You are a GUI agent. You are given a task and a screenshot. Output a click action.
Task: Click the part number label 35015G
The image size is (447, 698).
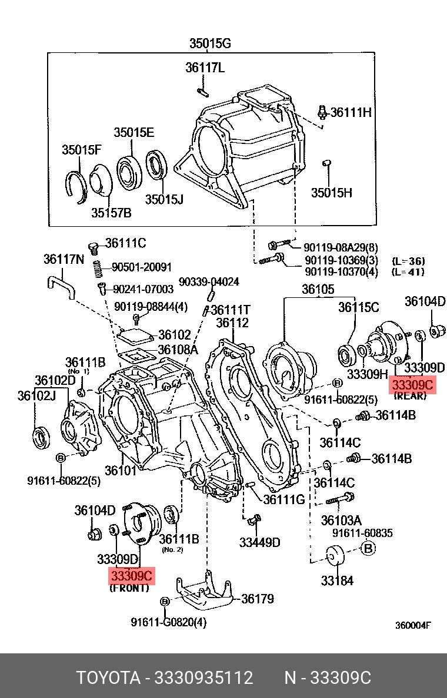(x=210, y=43)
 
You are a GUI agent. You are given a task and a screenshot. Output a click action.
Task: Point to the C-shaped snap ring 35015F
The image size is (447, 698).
(x=75, y=186)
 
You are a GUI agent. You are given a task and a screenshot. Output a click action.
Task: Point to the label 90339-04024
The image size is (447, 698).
(x=209, y=282)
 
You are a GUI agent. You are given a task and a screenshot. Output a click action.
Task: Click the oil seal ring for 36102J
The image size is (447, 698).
(x=41, y=438)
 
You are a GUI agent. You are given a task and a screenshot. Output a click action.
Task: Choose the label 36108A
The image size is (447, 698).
(x=178, y=351)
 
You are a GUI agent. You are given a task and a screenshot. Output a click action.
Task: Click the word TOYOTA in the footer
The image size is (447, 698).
(x=108, y=678)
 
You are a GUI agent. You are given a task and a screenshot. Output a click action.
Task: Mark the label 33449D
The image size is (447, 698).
(x=259, y=542)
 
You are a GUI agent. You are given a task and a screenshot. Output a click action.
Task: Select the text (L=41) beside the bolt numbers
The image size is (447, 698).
(x=408, y=272)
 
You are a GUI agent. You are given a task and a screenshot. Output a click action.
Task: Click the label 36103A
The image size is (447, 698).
(x=341, y=520)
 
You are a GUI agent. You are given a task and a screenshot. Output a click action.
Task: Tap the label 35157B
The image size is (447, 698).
(x=111, y=212)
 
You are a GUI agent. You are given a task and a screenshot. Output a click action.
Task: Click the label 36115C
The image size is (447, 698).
(x=358, y=307)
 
